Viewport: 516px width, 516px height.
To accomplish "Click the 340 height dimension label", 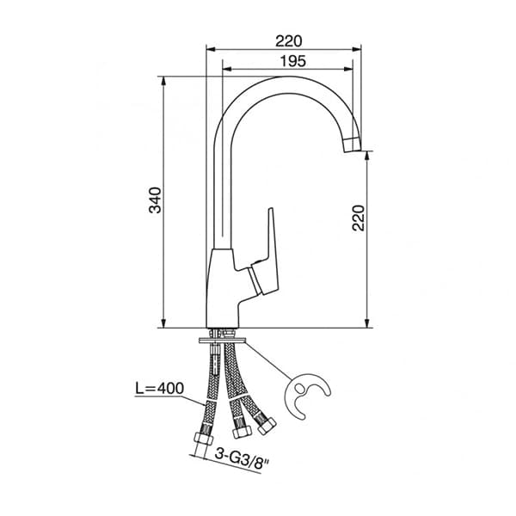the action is [x=155, y=200].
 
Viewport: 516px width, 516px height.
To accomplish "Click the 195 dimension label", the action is [x=293, y=61].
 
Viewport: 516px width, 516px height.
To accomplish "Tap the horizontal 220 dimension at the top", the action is [x=288, y=41].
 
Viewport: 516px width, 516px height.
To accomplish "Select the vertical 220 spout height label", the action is [x=359, y=218].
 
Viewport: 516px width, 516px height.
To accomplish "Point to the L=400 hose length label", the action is [x=160, y=389].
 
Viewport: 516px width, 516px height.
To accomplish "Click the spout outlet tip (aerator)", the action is [x=352, y=144].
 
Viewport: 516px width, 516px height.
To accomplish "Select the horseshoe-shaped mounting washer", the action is [x=307, y=395].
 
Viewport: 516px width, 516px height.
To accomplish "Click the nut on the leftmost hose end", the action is [x=203, y=439].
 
